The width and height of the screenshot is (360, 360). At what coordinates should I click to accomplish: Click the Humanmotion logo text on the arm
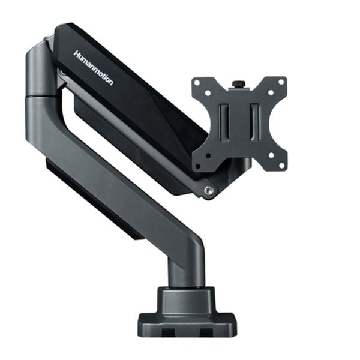pos(92,67)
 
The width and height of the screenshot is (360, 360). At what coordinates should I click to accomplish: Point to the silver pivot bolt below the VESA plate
pos(208,190)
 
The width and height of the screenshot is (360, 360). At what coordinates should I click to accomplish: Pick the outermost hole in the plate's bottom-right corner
pos(281,161)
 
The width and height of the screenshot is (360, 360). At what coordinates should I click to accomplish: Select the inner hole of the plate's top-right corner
pos(271,92)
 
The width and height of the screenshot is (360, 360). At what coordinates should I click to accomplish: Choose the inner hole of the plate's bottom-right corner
pos(271,154)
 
